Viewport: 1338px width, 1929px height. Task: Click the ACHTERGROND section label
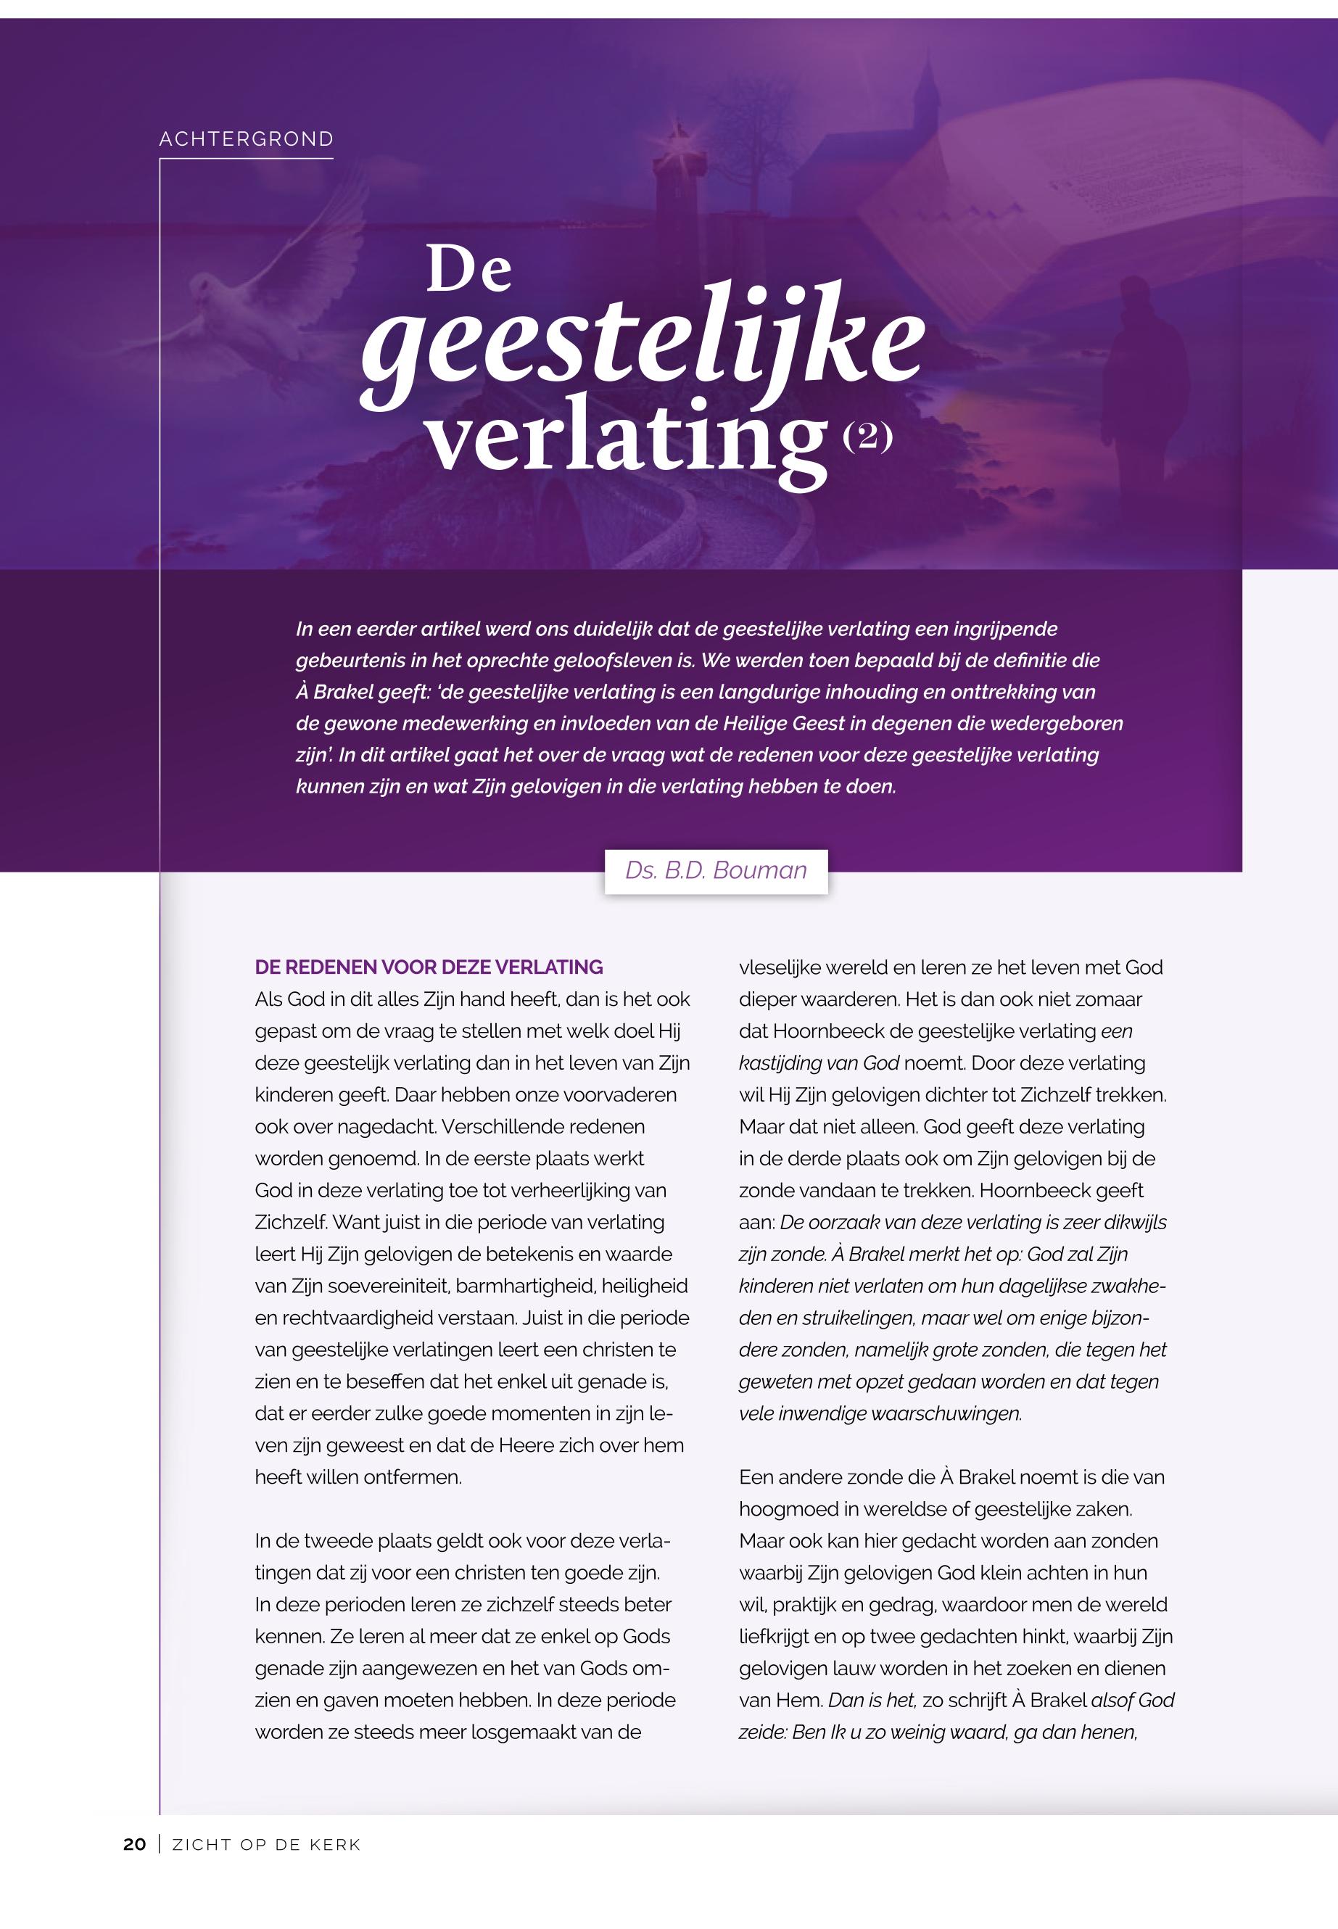tap(247, 139)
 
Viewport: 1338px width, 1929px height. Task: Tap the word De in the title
tap(468, 269)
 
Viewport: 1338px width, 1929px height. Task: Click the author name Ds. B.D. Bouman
tap(716, 870)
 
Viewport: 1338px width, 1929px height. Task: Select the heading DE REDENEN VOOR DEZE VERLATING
tap(429, 967)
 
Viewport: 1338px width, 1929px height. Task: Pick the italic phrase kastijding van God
tap(818, 1063)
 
